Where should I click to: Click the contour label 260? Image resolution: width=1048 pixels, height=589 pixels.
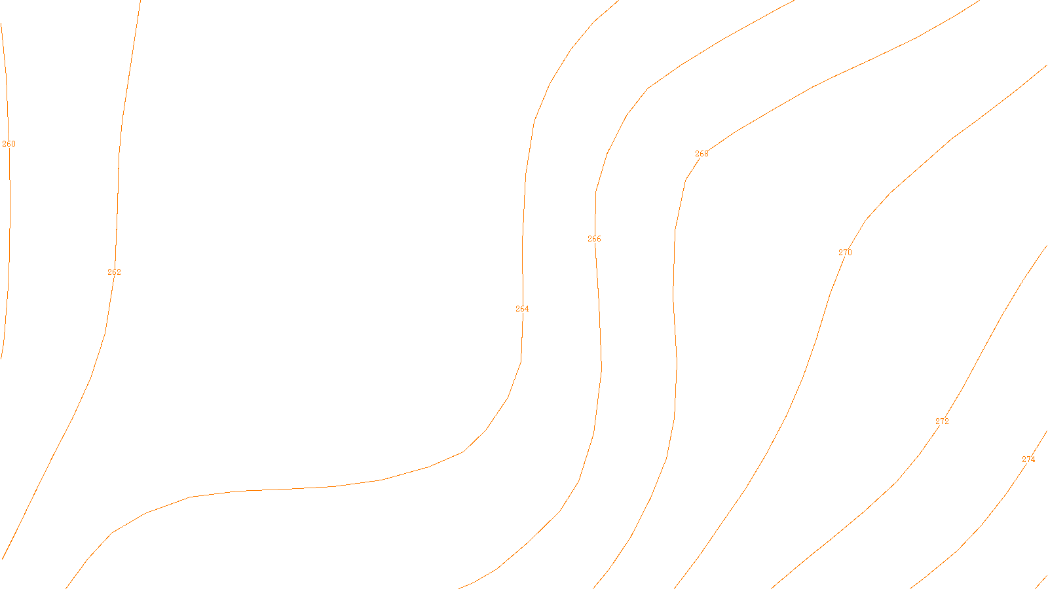click(x=9, y=144)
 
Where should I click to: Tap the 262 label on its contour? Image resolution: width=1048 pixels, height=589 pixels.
click(x=114, y=272)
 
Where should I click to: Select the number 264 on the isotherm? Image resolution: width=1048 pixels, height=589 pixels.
click(x=522, y=309)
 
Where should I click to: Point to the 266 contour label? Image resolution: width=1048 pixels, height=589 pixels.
click(x=594, y=239)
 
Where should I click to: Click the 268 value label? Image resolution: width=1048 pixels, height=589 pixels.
click(x=702, y=154)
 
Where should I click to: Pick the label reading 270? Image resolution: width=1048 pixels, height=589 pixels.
click(x=845, y=253)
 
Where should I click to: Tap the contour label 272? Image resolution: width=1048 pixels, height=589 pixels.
click(x=942, y=421)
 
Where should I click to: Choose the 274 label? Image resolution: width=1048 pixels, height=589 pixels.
click(x=1028, y=459)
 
